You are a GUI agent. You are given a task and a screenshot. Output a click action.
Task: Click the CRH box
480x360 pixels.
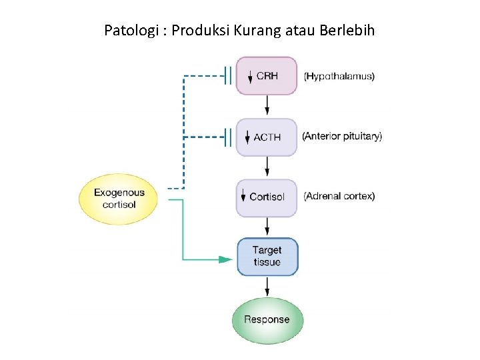267,76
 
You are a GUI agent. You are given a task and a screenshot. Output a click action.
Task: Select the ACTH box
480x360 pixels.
267,137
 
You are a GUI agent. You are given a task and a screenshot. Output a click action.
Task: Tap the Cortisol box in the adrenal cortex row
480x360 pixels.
267,197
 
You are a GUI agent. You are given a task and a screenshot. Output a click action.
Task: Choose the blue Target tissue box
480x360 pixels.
267,257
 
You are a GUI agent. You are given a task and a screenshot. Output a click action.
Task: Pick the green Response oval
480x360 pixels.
267,319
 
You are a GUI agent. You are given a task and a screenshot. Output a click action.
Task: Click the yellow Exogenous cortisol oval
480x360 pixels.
119,198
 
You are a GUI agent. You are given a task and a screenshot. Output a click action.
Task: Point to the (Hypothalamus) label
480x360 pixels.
339,76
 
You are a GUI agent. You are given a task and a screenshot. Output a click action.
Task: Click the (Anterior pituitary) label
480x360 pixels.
342,136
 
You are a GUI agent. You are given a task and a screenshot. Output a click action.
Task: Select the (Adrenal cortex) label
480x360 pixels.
339,196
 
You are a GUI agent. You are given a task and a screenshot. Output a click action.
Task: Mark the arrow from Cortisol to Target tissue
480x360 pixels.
267,227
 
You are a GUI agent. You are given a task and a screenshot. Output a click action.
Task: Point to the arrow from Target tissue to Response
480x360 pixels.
267,287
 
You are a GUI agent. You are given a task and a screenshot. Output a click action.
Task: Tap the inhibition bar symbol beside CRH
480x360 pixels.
228,76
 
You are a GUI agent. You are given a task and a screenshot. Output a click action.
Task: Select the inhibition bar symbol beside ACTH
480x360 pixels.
228,138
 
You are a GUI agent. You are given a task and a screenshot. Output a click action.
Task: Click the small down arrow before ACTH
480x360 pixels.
246,137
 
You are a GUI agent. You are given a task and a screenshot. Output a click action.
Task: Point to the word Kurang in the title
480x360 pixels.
257,31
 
